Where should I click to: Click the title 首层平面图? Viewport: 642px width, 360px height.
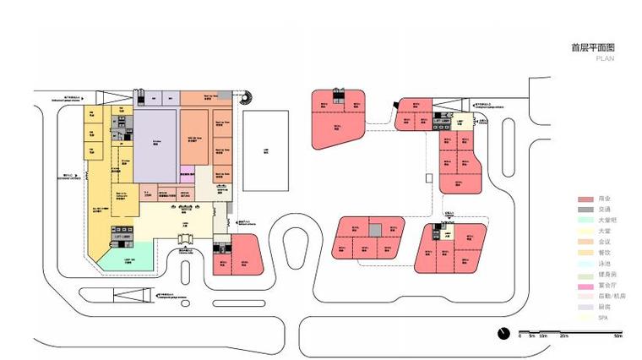pos(593,49)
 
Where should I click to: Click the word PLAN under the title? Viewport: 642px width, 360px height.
pos(605,59)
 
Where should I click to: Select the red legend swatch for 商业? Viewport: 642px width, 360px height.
pos(583,198)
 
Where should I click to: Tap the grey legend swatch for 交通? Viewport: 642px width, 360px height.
pos(583,209)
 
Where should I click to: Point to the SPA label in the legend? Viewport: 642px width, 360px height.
pos(603,317)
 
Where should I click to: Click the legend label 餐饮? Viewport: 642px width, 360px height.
pos(605,252)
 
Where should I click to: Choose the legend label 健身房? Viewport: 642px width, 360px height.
pos(607,274)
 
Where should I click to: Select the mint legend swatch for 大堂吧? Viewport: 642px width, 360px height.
pos(583,220)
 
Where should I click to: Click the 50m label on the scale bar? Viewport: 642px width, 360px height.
pos(618,336)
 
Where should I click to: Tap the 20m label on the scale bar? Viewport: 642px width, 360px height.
pos(563,336)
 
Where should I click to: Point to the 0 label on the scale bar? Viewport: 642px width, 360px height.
pos(520,336)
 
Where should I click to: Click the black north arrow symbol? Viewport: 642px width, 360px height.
pos(503,332)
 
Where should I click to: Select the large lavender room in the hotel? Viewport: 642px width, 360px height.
pos(156,144)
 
